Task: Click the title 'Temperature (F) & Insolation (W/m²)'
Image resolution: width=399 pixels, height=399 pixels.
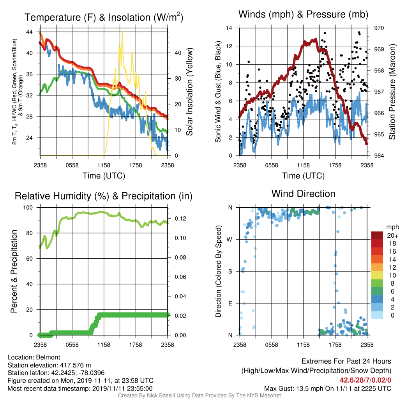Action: (104, 17)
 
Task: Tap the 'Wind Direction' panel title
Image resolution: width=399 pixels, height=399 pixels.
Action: (303, 194)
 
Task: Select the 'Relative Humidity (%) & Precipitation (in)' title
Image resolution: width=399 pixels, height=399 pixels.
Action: (104, 196)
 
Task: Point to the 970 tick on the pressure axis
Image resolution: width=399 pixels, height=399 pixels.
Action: (379, 28)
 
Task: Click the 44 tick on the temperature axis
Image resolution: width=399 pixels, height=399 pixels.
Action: (29, 32)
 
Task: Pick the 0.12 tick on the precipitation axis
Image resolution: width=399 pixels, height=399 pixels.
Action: (180, 219)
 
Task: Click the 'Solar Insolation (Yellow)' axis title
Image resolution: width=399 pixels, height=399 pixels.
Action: (189, 92)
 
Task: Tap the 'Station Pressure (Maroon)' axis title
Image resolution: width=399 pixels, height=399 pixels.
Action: (392, 92)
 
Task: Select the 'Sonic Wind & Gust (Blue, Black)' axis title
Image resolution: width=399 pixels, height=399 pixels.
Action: (218, 92)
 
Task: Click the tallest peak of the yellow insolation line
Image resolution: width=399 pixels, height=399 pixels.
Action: (122, 31)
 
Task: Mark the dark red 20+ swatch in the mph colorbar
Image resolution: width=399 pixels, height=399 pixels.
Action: (377, 235)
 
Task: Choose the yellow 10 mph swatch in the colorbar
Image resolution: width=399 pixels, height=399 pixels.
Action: (377, 275)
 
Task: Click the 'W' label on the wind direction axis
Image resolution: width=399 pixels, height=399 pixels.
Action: (230, 240)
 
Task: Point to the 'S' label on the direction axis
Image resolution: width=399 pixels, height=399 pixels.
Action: (230, 271)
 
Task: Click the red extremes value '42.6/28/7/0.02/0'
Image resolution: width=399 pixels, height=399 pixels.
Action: (365, 380)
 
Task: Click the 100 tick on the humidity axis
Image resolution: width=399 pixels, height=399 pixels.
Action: (28, 208)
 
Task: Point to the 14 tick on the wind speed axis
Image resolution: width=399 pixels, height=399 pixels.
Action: (229, 28)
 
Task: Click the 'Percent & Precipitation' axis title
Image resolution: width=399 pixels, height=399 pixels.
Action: (14, 271)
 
